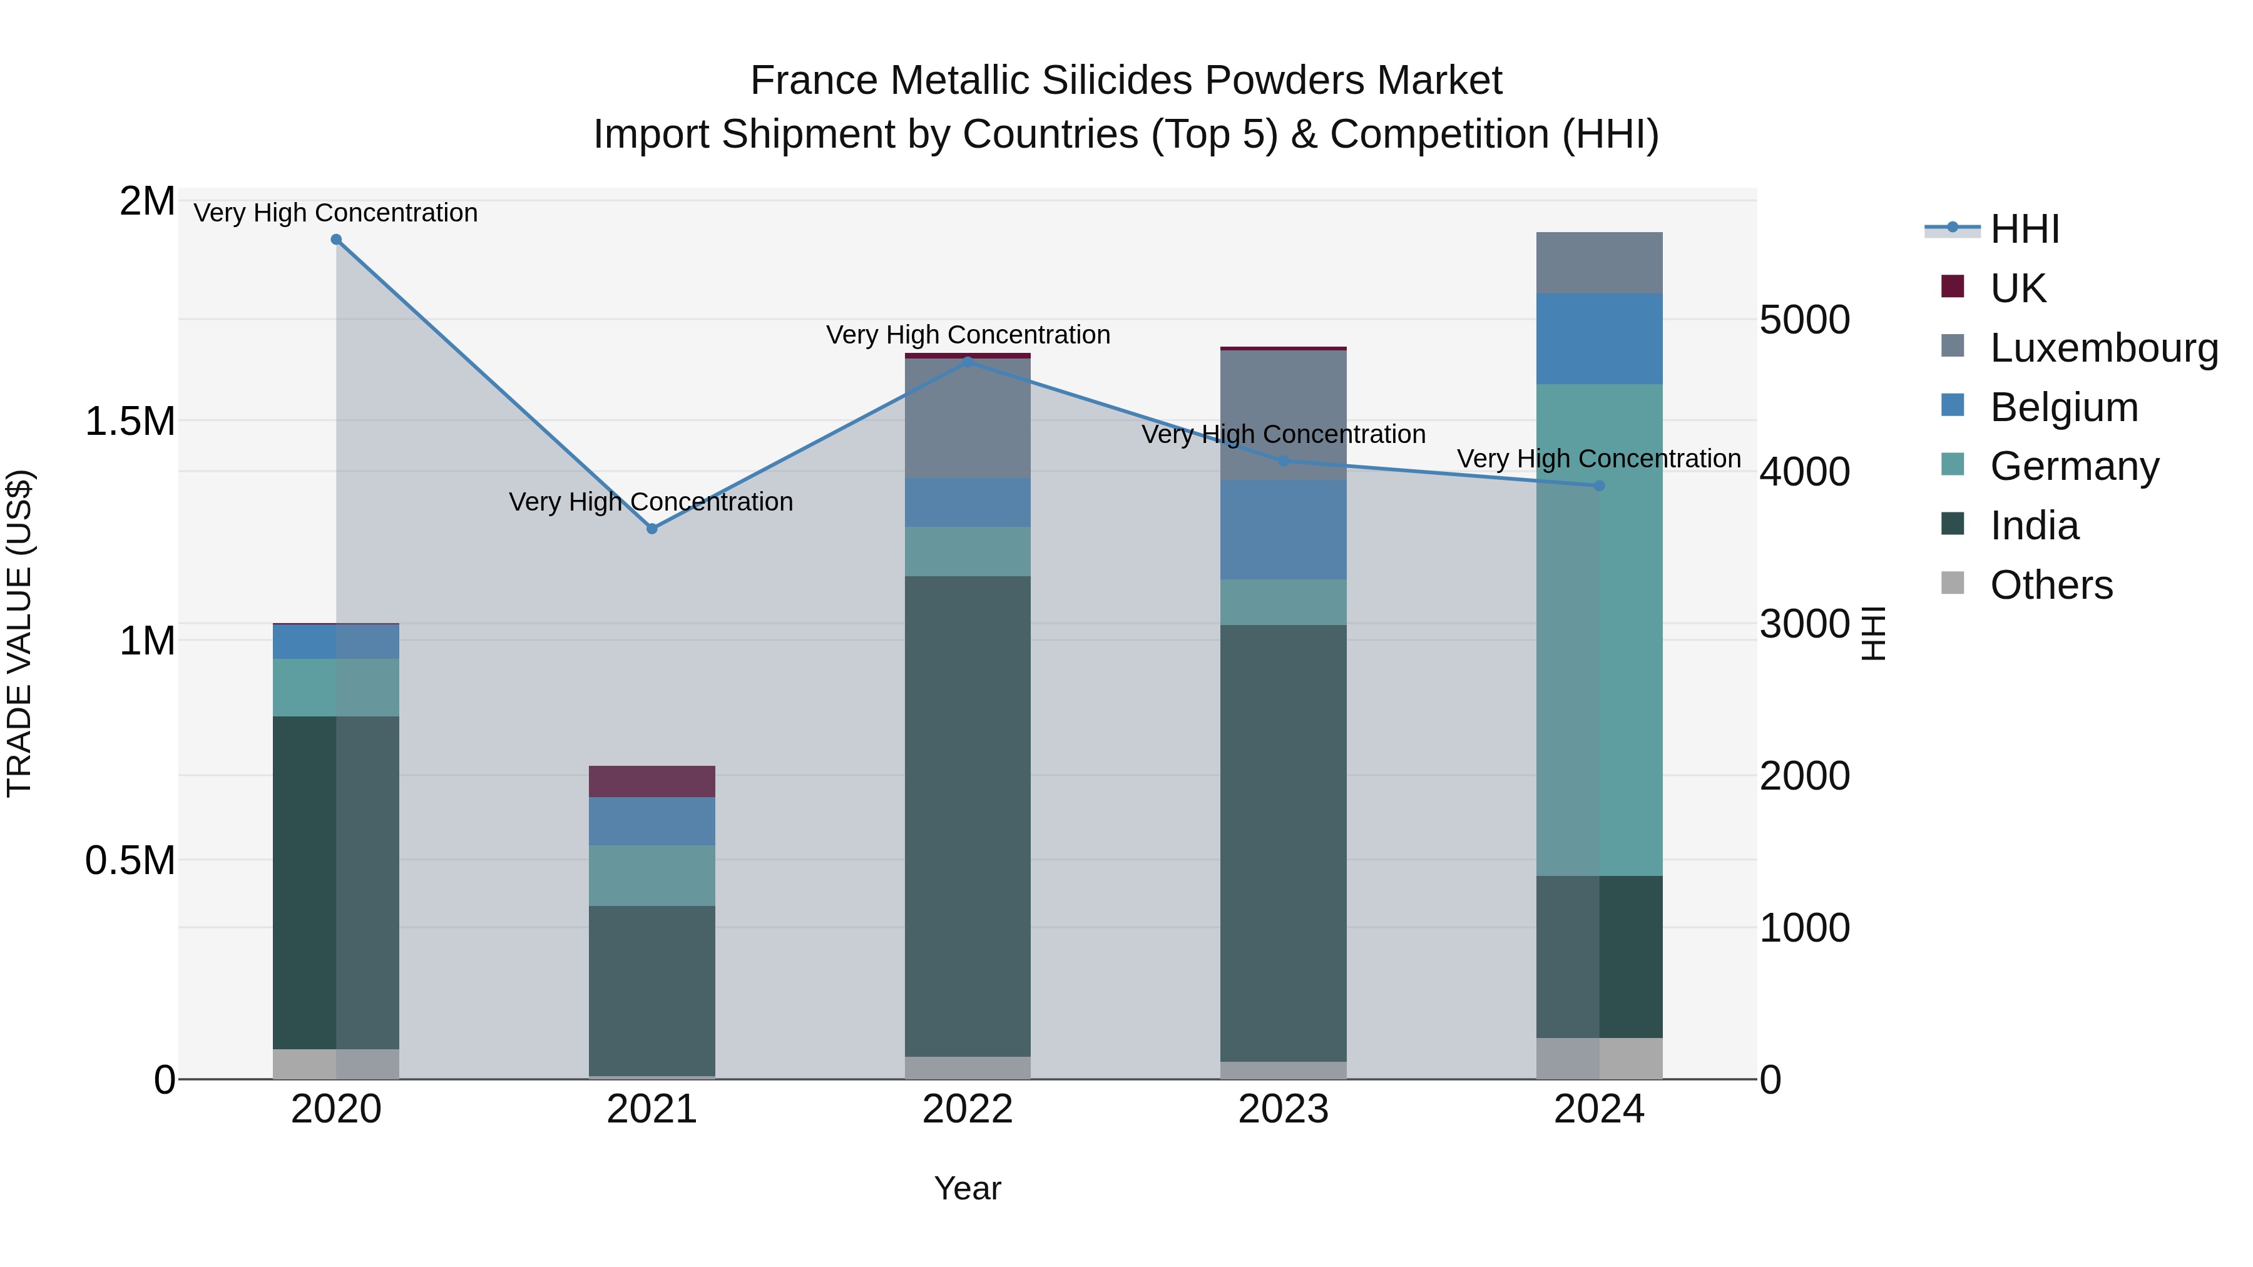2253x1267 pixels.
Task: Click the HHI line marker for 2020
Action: (x=336, y=240)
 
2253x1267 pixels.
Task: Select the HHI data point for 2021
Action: (x=651, y=528)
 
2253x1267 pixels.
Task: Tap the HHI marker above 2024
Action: (x=1599, y=486)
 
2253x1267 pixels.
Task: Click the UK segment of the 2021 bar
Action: (x=651, y=781)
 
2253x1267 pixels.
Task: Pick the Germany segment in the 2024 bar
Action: (x=1599, y=629)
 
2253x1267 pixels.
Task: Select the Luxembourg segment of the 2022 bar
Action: (x=968, y=418)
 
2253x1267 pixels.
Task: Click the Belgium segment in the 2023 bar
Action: (x=1283, y=529)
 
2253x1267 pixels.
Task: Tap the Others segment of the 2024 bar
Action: (x=1599, y=1058)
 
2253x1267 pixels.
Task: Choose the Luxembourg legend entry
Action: (x=2103, y=347)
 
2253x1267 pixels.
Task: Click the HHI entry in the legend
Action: (x=2024, y=229)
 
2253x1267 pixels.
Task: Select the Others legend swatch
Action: (x=1952, y=583)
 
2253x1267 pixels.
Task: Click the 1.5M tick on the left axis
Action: (x=130, y=422)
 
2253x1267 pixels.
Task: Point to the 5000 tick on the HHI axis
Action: (x=1804, y=320)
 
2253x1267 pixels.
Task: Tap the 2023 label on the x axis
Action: (x=1283, y=1109)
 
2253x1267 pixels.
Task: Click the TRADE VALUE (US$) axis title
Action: (x=19, y=633)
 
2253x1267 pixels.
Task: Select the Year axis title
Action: (x=968, y=1188)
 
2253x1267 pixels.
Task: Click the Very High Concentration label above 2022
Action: (x=968, y=335)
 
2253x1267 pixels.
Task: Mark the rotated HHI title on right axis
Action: (x=1872, y=633)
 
